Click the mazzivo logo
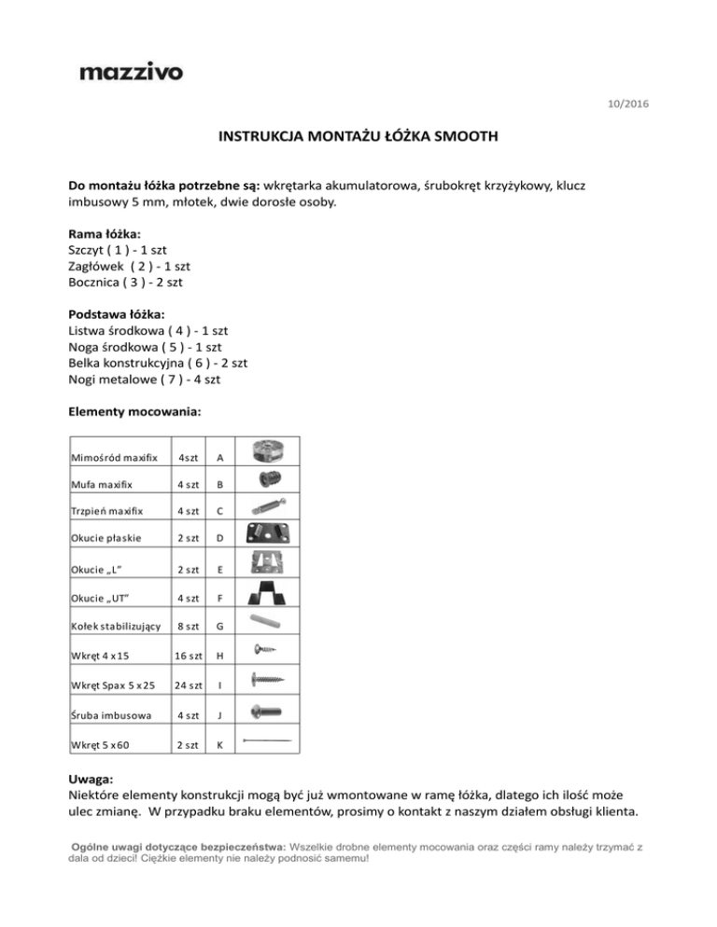coord(131,72)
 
